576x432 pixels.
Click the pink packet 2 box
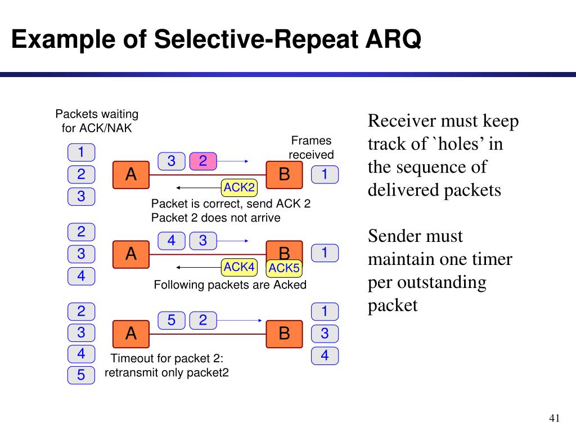[x=203, y=161]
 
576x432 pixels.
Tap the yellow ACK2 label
[x=239, y=187]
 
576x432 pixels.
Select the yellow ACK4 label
[x=239, y=267]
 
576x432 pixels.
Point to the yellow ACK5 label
[x=285, y=268]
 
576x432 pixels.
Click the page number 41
[x=555, y=418]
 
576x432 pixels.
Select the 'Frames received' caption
[x=311, y=147]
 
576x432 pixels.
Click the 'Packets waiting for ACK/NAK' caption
[x=97, y=121]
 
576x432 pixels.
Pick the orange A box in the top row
[x=131, y=174]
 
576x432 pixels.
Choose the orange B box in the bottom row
[x=284, y=334]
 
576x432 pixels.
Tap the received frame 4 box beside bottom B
[x=325, y=356]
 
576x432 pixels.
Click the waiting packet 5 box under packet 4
[x=82, y=375]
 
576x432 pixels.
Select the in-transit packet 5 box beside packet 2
[x=172, y=321]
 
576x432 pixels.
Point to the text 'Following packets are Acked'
[x=230, y=285]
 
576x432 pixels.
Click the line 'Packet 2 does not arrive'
[x=215, y=218]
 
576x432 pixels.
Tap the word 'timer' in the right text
[x=494, y=259]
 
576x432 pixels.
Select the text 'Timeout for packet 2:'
[x=167, y=358]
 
